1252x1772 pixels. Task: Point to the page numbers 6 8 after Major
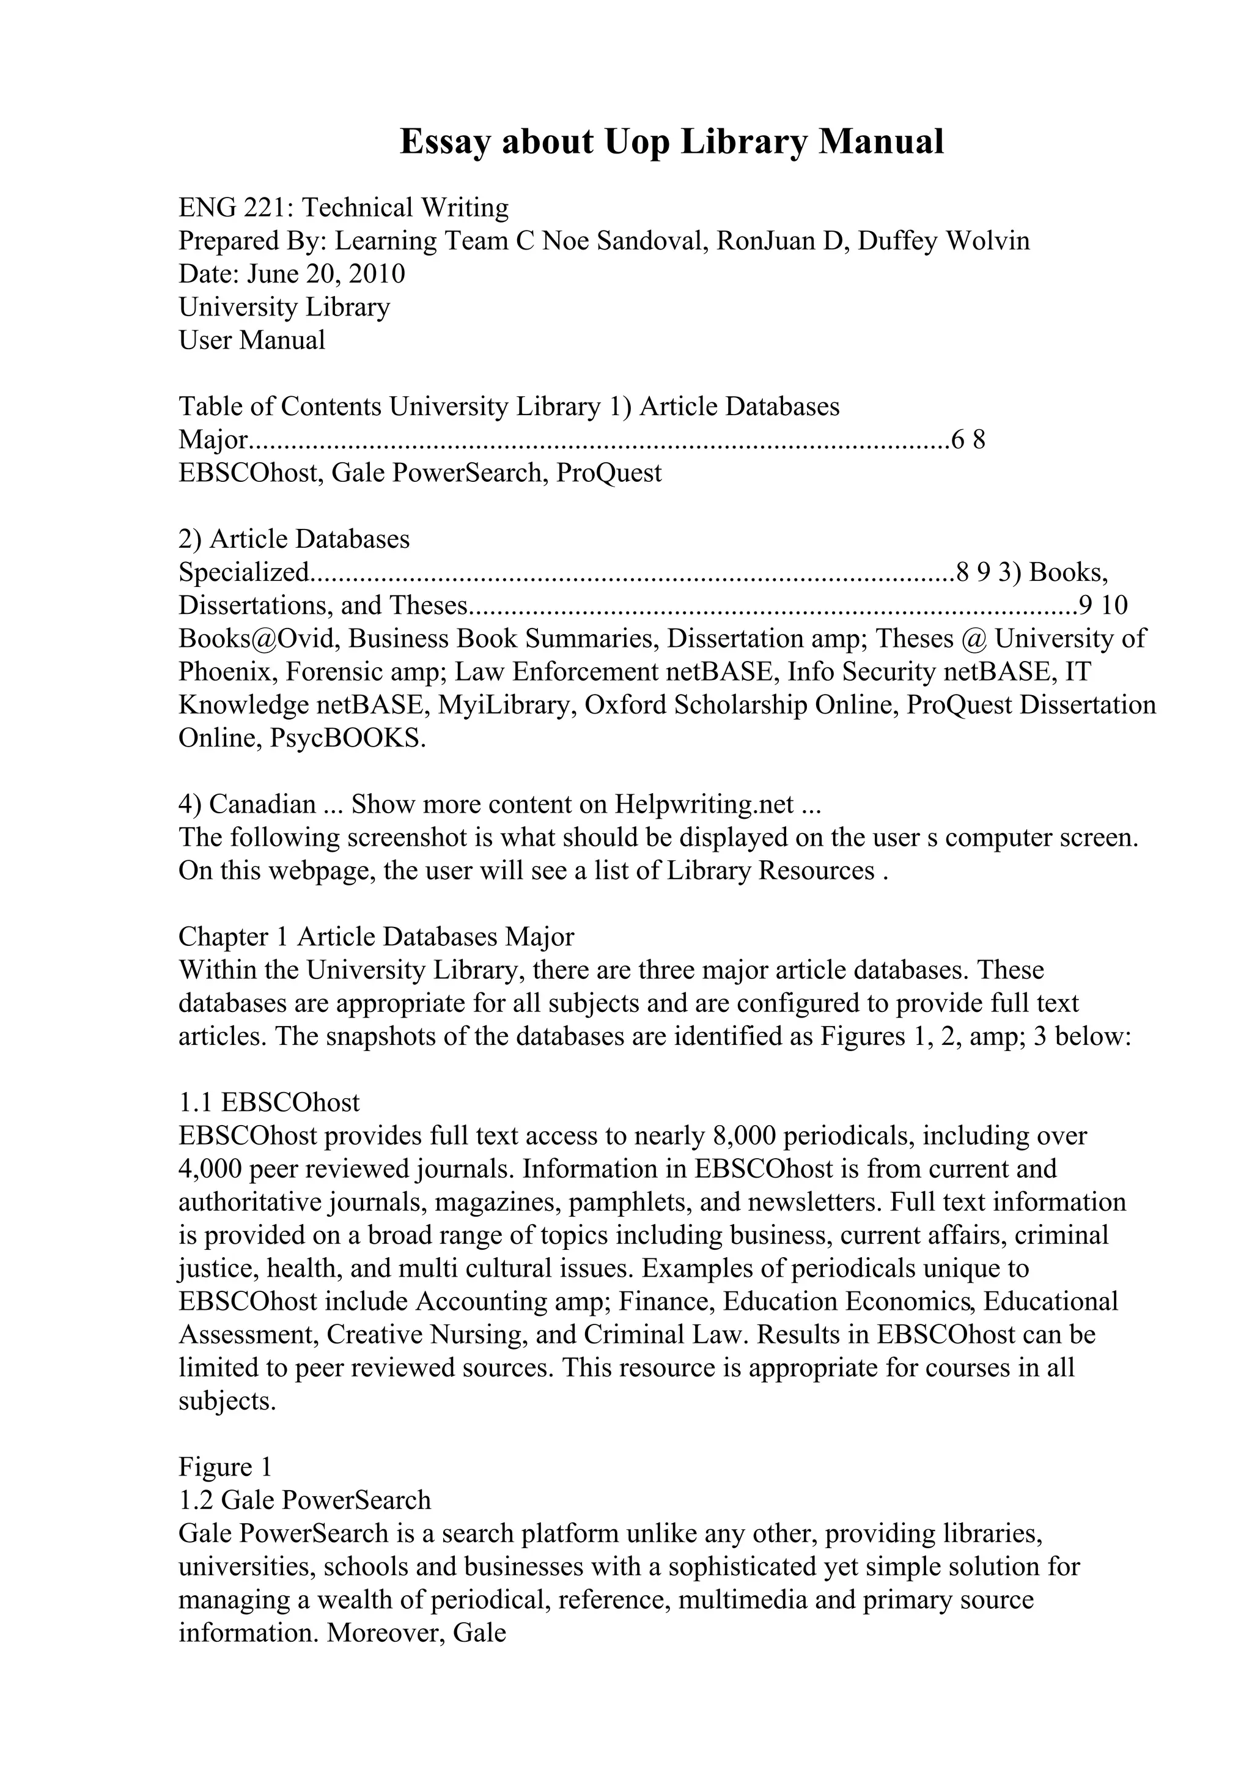(x=968, y=440)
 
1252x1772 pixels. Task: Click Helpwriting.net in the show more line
(x=704, y=804)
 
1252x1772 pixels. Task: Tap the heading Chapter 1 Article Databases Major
(x=377, y=936)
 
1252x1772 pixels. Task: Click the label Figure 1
(x=225, y=1466)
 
